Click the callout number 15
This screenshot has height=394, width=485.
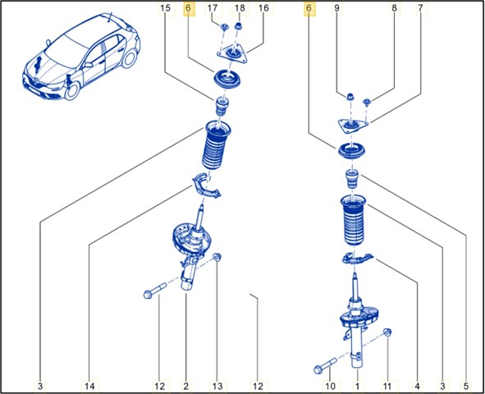[x=166, y=8]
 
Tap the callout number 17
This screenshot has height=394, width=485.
[x=213, y=8]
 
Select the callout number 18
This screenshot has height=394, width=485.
[x=240, y=8]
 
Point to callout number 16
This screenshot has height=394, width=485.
[x=263, y=8]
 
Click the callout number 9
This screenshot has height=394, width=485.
[x=336, y=8]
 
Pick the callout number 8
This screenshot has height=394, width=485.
[x=394, y=8]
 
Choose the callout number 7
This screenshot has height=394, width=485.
[x=420, y=8]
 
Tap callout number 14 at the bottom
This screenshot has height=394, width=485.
[x=89, y=386]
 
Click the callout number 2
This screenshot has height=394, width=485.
[x=186, y=386]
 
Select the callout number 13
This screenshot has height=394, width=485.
[x=217, y=386]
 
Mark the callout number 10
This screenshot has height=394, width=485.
[x=330, y=386]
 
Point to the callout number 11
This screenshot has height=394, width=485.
[x=387, y=386]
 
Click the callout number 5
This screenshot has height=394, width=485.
[x=466, y=386]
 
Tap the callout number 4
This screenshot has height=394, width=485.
[x=417, y=386]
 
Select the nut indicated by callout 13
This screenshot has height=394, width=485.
[x=217, y=257]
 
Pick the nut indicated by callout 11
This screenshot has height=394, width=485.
[x=387, y=332]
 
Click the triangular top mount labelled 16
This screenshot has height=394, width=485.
[x=232, y=55]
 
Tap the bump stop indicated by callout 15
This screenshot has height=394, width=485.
[x=222, y=107]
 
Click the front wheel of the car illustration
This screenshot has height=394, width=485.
[x=71, y=90]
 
